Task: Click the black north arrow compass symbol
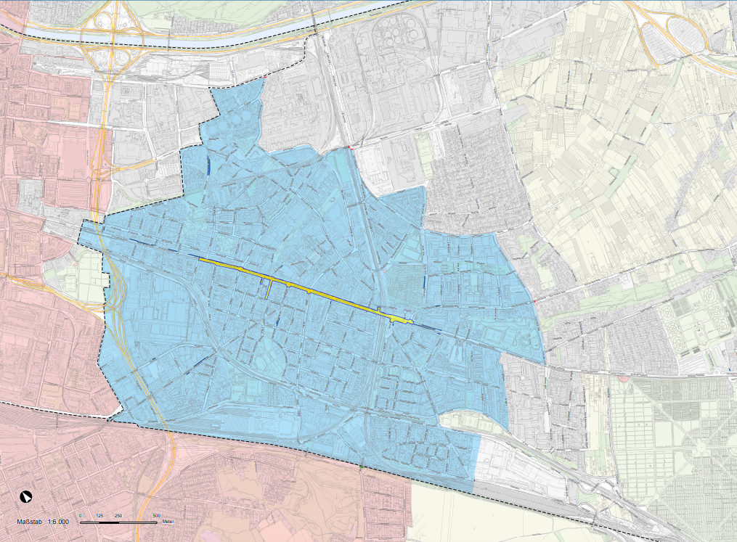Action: click(x=26, y=497)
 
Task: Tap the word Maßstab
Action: click(x=30, y=522)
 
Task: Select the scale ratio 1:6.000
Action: click(x=59, y=522)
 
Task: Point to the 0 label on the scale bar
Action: click(x=81, y=516)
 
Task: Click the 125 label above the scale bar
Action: click(x=99, y=516)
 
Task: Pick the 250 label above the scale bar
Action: click(x=118, y=516)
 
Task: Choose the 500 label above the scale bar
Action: click(x=156, y=516)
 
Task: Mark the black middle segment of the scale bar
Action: click(x=109, y=522)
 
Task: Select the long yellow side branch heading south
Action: click(x=269, y=288)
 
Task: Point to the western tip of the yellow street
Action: click(x=201, y=259)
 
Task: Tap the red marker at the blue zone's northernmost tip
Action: click(x=265, y=78)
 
